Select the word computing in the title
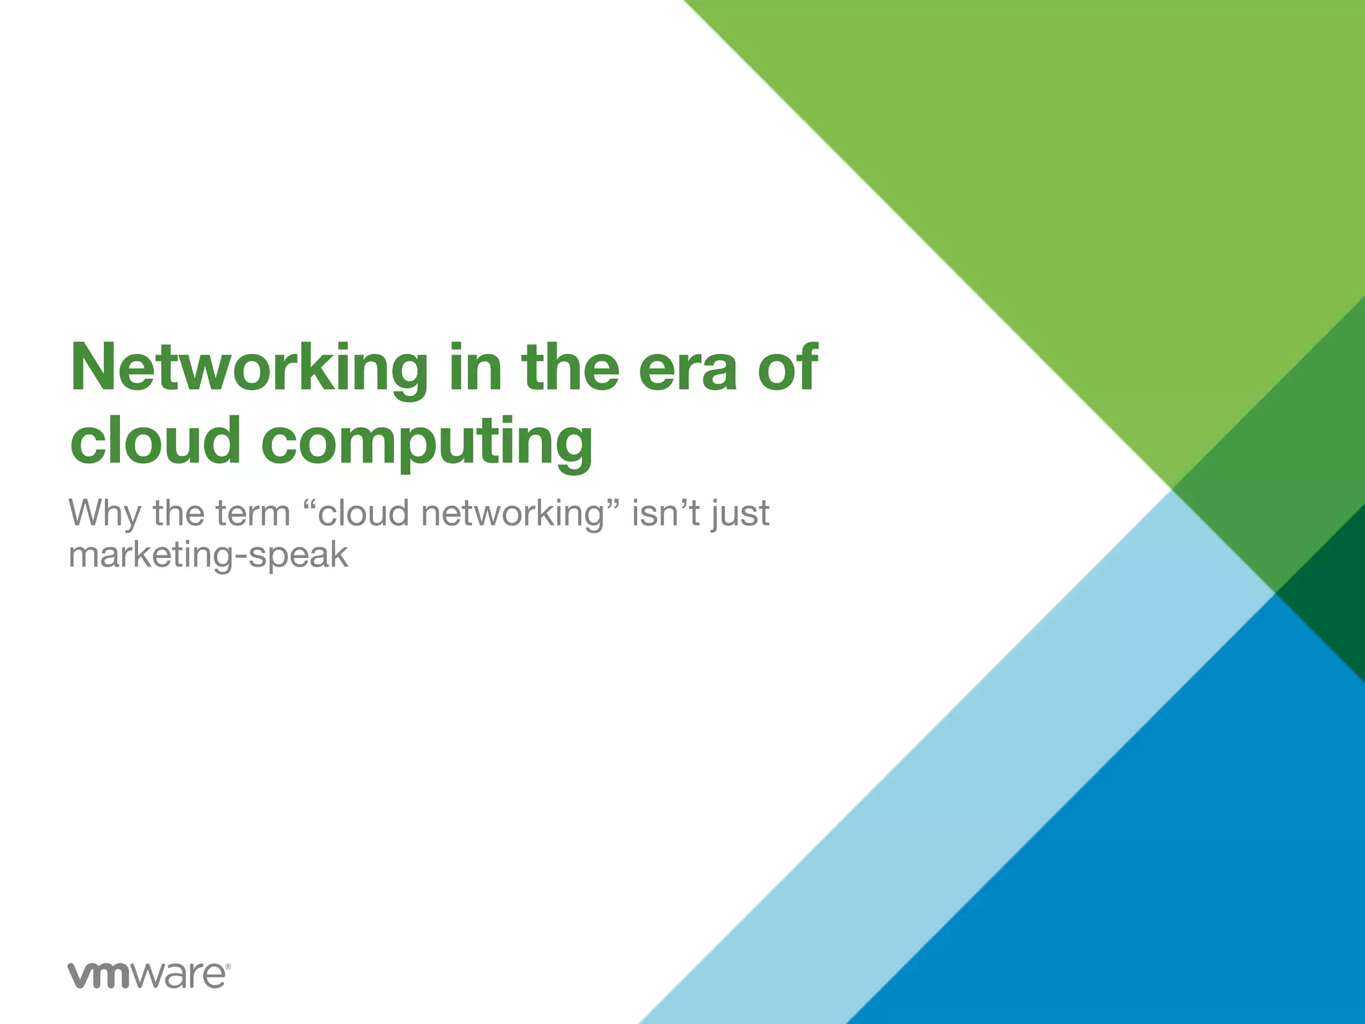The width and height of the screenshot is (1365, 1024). click(427, 442)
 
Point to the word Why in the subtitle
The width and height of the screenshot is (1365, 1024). click(105, 514)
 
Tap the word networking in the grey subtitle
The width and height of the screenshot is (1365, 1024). click(513, 514)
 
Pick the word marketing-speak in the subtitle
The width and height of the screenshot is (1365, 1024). click(209, 555)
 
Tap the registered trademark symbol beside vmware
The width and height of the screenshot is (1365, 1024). click(228, 966)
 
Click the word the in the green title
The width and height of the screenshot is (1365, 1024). click(571, 369)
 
